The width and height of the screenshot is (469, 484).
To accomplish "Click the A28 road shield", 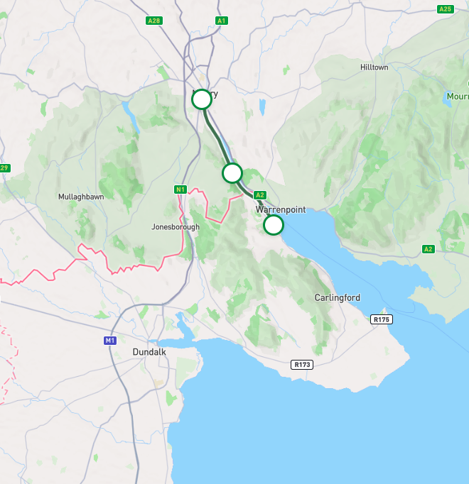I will coord(153,21).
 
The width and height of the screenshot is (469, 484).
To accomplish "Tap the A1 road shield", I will coord(222,21).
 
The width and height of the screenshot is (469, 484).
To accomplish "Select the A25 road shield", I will coord(445,9).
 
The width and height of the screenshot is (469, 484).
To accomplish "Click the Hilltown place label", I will coord(374,67).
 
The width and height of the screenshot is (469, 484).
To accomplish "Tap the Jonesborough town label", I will coord(176,227).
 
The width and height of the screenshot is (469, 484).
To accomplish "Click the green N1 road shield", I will coord(180,189).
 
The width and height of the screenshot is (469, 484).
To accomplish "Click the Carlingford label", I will coord(337,298).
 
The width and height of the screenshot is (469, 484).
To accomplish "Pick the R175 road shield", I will coord(382,320).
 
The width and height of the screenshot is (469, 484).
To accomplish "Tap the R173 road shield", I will coord(302,365).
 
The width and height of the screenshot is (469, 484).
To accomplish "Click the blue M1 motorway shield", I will coord(109,341).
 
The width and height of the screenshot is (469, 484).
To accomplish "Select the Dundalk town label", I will coord(149,352).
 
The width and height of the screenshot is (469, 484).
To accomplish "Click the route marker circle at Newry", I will coord(202,99).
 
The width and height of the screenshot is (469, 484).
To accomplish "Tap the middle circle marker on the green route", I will coord(232,172).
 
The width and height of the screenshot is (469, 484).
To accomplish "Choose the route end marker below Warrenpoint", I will coord(274,225).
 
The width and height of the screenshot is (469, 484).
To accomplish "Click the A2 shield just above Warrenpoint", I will coord(259,195).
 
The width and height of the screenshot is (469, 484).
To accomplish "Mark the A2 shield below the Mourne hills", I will coord(428,249).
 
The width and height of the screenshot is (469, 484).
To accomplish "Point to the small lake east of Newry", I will coord(262,106).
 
